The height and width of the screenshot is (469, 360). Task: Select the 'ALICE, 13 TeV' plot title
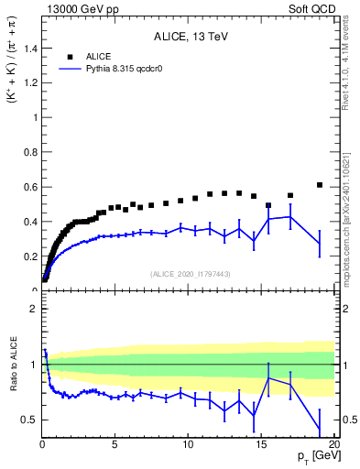coord(190,38)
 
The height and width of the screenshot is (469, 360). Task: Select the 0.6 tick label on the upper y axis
coord(29,187)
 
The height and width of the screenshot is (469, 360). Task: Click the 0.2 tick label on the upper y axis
coord(29,256)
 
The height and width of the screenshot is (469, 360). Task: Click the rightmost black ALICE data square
coord(320,185)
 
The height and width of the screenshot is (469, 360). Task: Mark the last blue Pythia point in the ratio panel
coord(320,431)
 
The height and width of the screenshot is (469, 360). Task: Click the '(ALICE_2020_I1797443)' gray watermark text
coord(190,274)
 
